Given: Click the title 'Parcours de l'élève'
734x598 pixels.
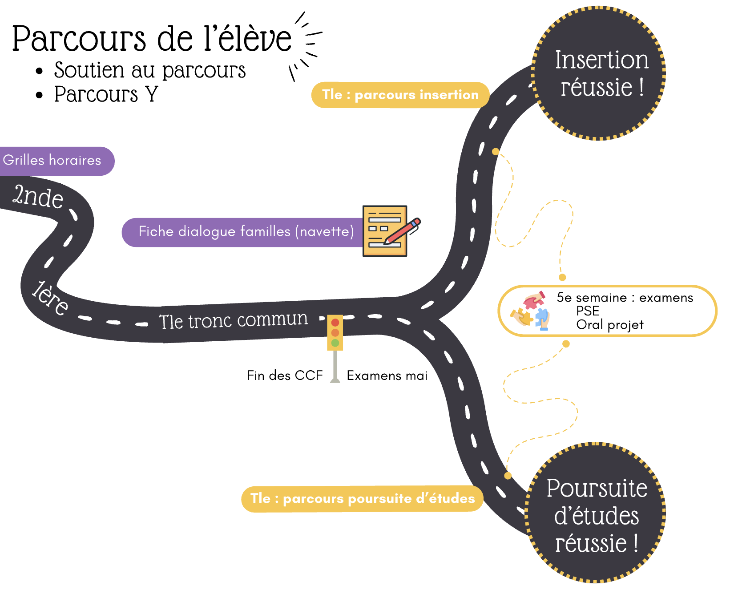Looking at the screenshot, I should [151, 39].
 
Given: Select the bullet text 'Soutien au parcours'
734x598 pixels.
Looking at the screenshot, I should [149, 70].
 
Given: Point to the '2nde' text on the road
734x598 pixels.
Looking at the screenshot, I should [38, 196].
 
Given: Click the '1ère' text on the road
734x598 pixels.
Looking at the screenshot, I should [50, 298].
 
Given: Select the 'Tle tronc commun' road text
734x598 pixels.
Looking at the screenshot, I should [234, 320].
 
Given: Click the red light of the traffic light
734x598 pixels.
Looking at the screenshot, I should [335, 323].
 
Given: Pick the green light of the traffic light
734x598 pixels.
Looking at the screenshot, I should [335, 343].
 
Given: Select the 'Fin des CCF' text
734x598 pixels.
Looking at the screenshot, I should [285, 376].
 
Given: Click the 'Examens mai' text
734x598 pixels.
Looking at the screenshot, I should [387, 376].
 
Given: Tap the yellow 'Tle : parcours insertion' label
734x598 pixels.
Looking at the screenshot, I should [400, 95].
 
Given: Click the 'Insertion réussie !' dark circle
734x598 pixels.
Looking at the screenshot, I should [601, 73].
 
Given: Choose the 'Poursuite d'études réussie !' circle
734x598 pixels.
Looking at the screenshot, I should [596, 514].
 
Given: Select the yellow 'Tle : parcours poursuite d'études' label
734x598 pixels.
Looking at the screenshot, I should [362, 499].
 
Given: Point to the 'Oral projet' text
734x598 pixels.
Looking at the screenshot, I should [609, 325].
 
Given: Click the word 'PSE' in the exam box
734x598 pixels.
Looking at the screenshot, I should [588, 311].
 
